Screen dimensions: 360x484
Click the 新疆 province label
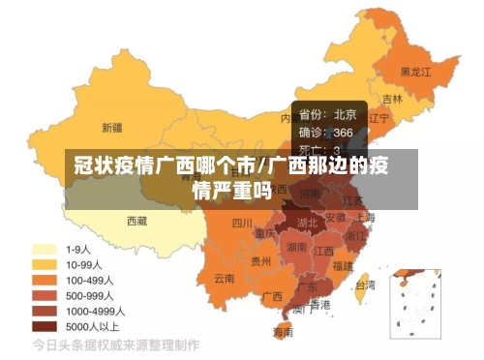pyautogui.click(x=111, y=127)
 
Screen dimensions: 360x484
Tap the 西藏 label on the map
pyautogui.click(x=137, y=221)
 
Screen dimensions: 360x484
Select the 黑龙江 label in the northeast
pyautogui.click(x=416, y=72)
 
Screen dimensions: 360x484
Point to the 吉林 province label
pyautogui.click(x=392, y=99)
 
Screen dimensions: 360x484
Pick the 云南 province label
pyautogui.click(x=225, y=279)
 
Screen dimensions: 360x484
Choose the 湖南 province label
pyautogui.click(x=297, y=248)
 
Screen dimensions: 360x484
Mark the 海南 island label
pyautogui.click(x=283, y=332)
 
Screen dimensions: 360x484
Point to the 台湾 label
pyautogui.click(x=365, y=285)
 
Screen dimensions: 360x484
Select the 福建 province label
pyautogui.click(x=342, y=264)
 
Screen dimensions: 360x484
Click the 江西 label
pyautogui.click(x=326, y=251)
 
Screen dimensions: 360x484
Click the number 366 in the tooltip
pyautogui.click(x=344, y=132)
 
